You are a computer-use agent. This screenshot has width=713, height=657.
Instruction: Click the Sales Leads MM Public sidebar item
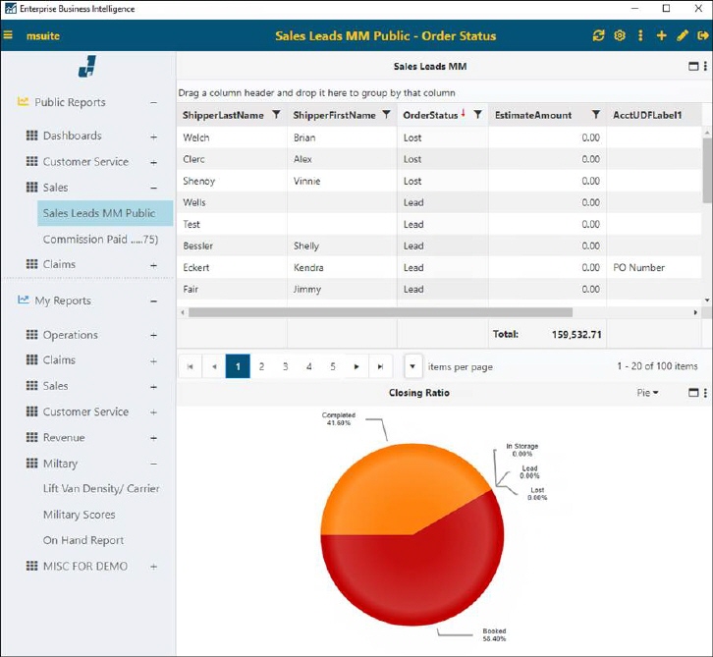pyautogui.click(x=98, y=213)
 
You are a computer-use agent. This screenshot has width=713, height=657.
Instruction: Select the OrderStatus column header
pyautogui.click(x=430, y=115)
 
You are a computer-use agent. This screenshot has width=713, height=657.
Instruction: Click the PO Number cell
pyautogui.click(x=638, y=267)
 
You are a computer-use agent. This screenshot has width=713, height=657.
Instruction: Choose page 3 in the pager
pyautogui.click(x=285, y=366)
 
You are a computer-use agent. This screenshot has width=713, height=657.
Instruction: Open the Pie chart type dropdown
pyautogui.click(x=647, y=393)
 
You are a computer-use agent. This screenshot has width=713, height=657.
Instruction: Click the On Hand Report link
pyautogui.click(x=83, y=540)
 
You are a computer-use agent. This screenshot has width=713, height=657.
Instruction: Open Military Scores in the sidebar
pyautogui.click(x=79, y=515)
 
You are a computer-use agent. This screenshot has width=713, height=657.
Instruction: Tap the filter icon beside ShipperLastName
pyautogui.click(x=276, y=115)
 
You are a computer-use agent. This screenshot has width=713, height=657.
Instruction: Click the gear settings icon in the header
pyautogui.click(x=620, y=35)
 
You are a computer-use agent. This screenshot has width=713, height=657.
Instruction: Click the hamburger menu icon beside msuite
pyautogui.click(x=9, y=35)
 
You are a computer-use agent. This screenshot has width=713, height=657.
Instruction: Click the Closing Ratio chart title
pyautogui.click(x=418, y=393)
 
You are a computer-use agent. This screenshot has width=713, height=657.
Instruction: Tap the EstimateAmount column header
pyautogui.click(x=532, y=115)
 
